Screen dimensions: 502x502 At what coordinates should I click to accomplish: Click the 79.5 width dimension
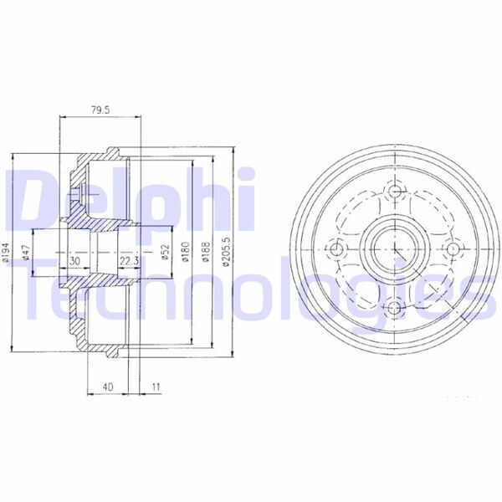pos(100,109)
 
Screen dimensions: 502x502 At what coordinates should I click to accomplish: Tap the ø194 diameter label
pos(7,250)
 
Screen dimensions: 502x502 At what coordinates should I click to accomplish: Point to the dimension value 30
pos(75,261)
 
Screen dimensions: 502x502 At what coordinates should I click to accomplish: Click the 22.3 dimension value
pos(128,261)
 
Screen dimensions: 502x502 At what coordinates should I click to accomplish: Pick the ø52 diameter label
pos(166,250)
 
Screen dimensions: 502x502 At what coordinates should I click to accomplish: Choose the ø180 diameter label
pos(187,250)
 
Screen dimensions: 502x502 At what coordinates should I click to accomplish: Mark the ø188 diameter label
pos(205,250)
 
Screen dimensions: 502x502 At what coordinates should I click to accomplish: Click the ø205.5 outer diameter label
pos(224,250)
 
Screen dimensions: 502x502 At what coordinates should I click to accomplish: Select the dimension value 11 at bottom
pos(156,387)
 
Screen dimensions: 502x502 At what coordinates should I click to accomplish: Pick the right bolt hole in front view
pos(453,249)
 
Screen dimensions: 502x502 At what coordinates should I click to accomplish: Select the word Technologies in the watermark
pos(251,289)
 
